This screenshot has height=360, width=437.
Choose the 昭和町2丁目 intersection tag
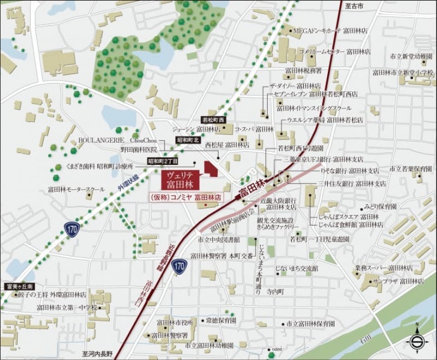point(163,161)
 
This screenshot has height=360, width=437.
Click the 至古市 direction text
point(356,5)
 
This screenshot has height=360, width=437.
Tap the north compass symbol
point(416,340)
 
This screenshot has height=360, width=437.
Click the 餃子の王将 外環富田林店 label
point(52,295)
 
